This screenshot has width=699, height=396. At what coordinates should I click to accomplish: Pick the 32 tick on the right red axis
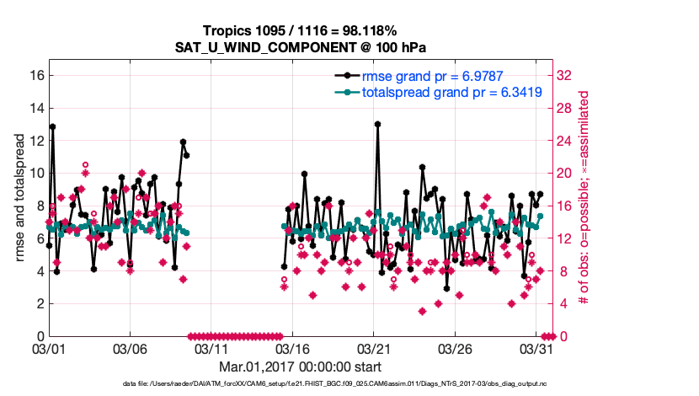(566, 75)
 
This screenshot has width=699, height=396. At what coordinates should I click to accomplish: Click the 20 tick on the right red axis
(566, 173)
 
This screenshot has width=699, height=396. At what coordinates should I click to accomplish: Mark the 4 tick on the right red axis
(563, 303)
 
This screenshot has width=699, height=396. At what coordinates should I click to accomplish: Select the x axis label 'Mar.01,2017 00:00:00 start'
(300, 367)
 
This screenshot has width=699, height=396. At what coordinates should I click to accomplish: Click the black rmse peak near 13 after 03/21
(377, 124)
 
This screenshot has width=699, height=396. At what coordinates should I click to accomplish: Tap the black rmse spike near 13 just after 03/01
(52, 126)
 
